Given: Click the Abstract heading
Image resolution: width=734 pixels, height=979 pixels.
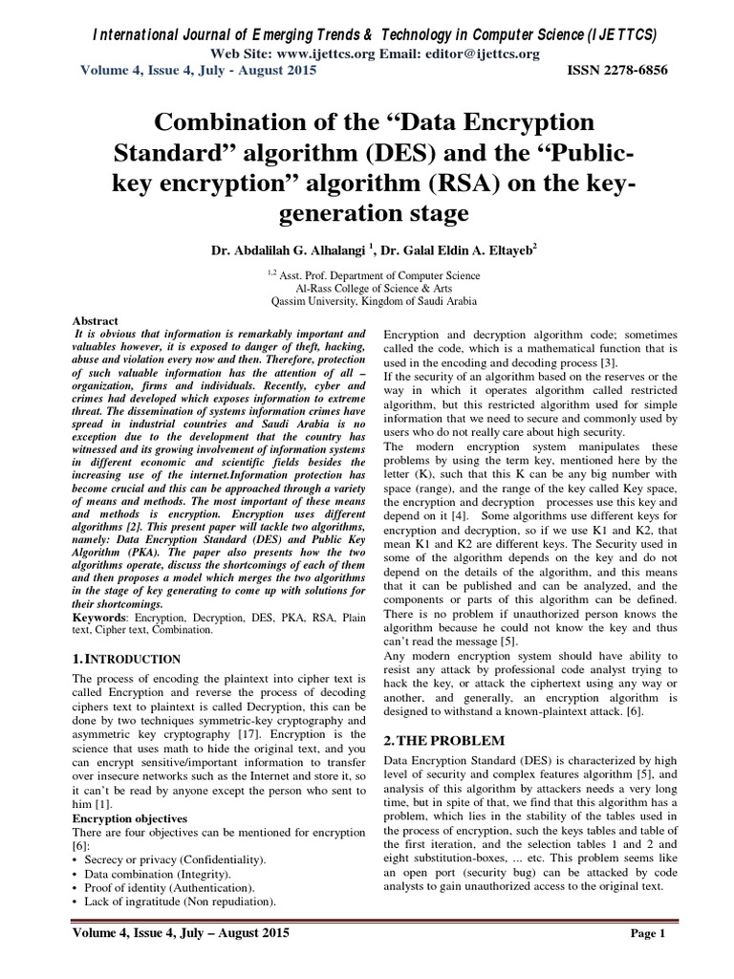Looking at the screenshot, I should [x=96, y=320].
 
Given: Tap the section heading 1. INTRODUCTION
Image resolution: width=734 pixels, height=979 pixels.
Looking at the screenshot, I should [x=127, y=659].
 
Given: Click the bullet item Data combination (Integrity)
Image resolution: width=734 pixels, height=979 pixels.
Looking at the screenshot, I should [x=156, y=874].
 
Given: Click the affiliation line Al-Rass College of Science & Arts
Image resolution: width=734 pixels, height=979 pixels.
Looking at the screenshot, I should [x=367, y=285].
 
